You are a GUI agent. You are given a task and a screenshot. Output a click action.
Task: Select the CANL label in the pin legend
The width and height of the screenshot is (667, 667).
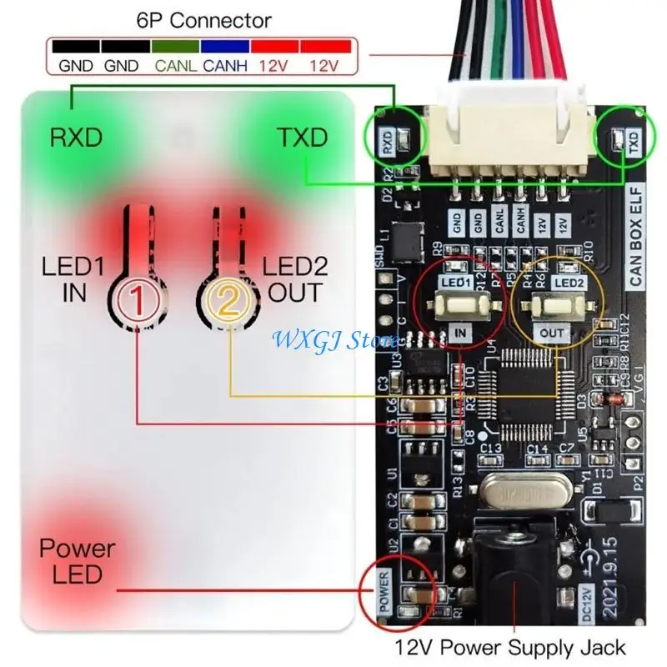point(176,64)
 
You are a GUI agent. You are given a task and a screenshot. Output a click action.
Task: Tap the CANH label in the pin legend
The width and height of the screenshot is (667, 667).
point(225,64)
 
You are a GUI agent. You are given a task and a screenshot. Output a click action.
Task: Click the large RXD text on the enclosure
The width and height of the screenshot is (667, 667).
point(76,137)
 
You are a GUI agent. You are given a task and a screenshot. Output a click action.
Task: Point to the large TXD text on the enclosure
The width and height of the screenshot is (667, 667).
point(302,137)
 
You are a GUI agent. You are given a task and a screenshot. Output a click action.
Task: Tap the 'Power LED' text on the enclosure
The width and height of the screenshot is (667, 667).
point(77,562)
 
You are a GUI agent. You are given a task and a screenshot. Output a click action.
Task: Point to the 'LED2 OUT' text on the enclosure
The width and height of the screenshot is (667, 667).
point(292,280)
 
